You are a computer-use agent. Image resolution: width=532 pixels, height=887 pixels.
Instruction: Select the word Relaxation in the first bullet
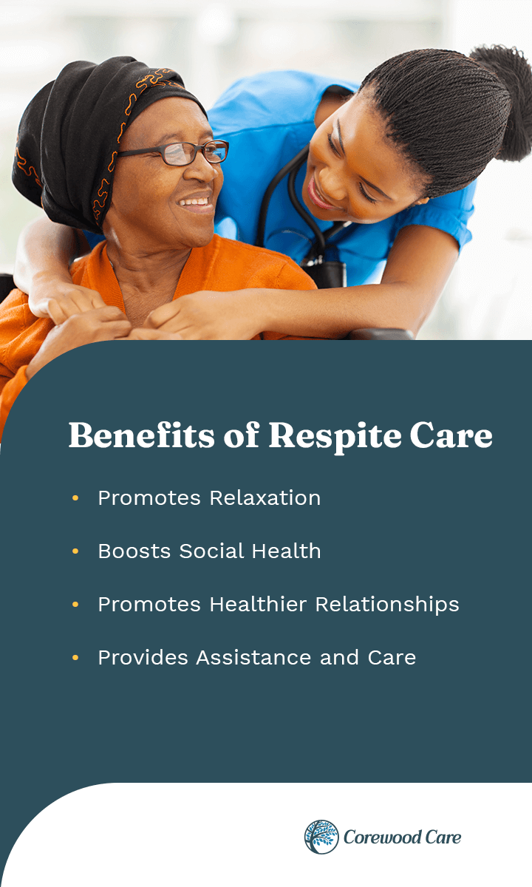(265, 498)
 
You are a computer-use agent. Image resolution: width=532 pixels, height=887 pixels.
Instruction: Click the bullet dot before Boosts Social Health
(75, 551)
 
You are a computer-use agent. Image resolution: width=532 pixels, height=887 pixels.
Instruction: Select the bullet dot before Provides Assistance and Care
(75, 658)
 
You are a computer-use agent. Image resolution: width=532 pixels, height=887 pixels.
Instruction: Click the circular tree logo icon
(321, 837)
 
